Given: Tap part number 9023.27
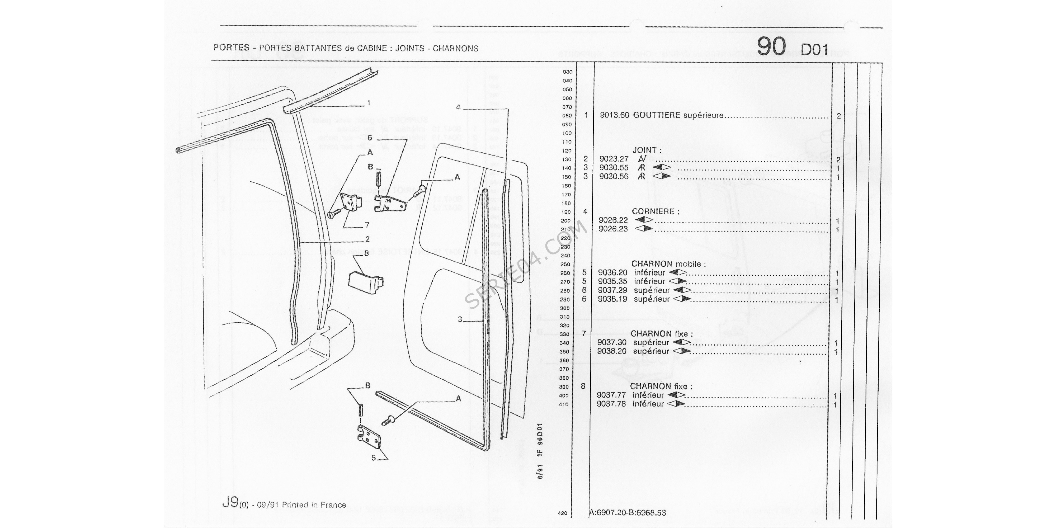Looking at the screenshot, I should (614, 159).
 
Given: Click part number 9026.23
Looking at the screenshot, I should (613, 229).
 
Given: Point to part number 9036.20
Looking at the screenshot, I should (612, 273).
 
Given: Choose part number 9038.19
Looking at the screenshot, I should (612, 299).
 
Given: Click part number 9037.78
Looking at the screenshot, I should (611, 404).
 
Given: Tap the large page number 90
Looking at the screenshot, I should (771, 47).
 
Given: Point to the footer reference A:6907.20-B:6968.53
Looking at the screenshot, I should (627, 512).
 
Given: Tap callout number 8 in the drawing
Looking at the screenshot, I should (366, 253).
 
